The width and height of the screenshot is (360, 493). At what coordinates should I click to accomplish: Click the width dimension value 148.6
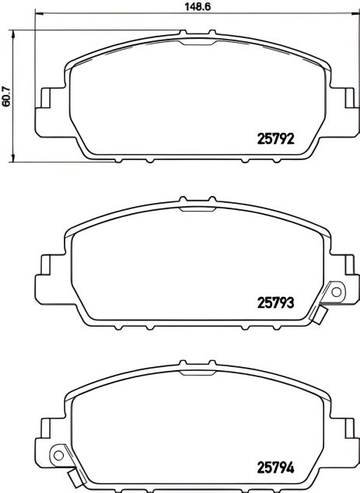[183, 6]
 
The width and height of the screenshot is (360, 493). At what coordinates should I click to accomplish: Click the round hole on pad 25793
[336, 291]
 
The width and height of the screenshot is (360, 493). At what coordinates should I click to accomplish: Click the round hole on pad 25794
[56, 456]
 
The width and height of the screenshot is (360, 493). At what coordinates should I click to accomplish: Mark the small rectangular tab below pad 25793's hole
[320, 315]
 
